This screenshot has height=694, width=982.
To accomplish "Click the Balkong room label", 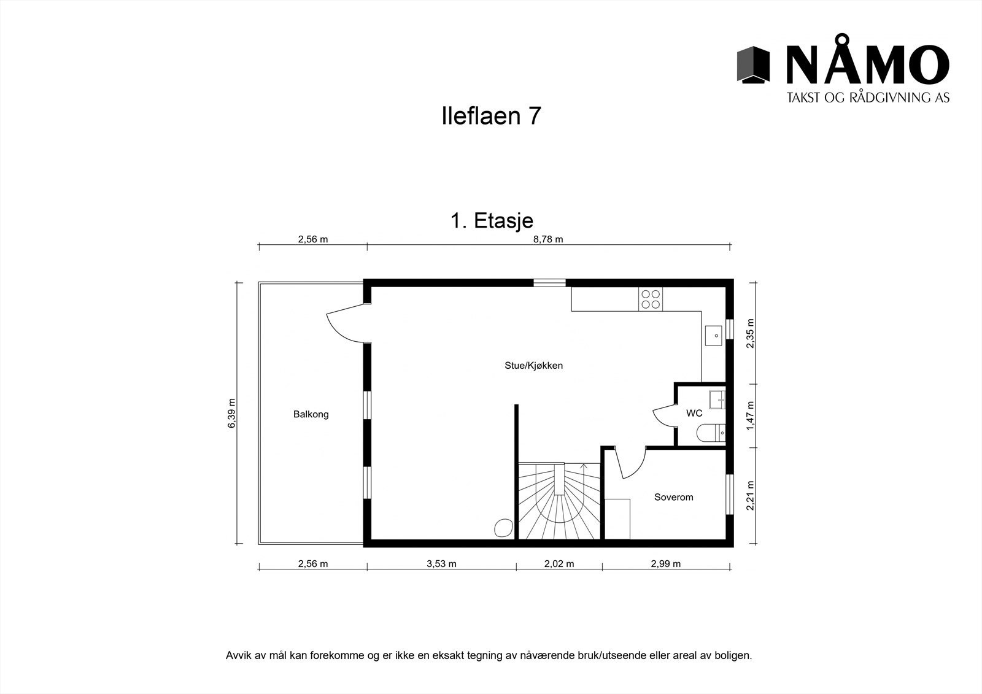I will [311, 414].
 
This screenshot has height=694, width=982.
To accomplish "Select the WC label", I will [694, 413].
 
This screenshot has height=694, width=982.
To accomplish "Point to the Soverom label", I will [673, 497].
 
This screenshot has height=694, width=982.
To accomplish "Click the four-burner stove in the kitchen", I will [651, 298].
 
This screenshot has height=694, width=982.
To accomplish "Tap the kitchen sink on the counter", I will [715, 335].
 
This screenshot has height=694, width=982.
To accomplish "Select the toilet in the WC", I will [712, 434].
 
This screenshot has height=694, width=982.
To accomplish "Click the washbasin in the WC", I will [717, 399].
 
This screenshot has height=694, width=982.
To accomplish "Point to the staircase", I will [559, 501].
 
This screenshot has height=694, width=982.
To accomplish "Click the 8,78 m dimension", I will [548, 239].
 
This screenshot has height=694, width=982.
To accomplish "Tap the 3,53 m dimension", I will [441, 564].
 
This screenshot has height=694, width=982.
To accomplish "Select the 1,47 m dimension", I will [749, 415].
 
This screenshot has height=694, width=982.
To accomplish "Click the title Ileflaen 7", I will [491, 116].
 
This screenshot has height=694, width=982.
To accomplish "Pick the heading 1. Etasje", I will [492, 221].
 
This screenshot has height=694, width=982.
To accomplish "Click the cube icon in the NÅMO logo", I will [753, 64].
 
